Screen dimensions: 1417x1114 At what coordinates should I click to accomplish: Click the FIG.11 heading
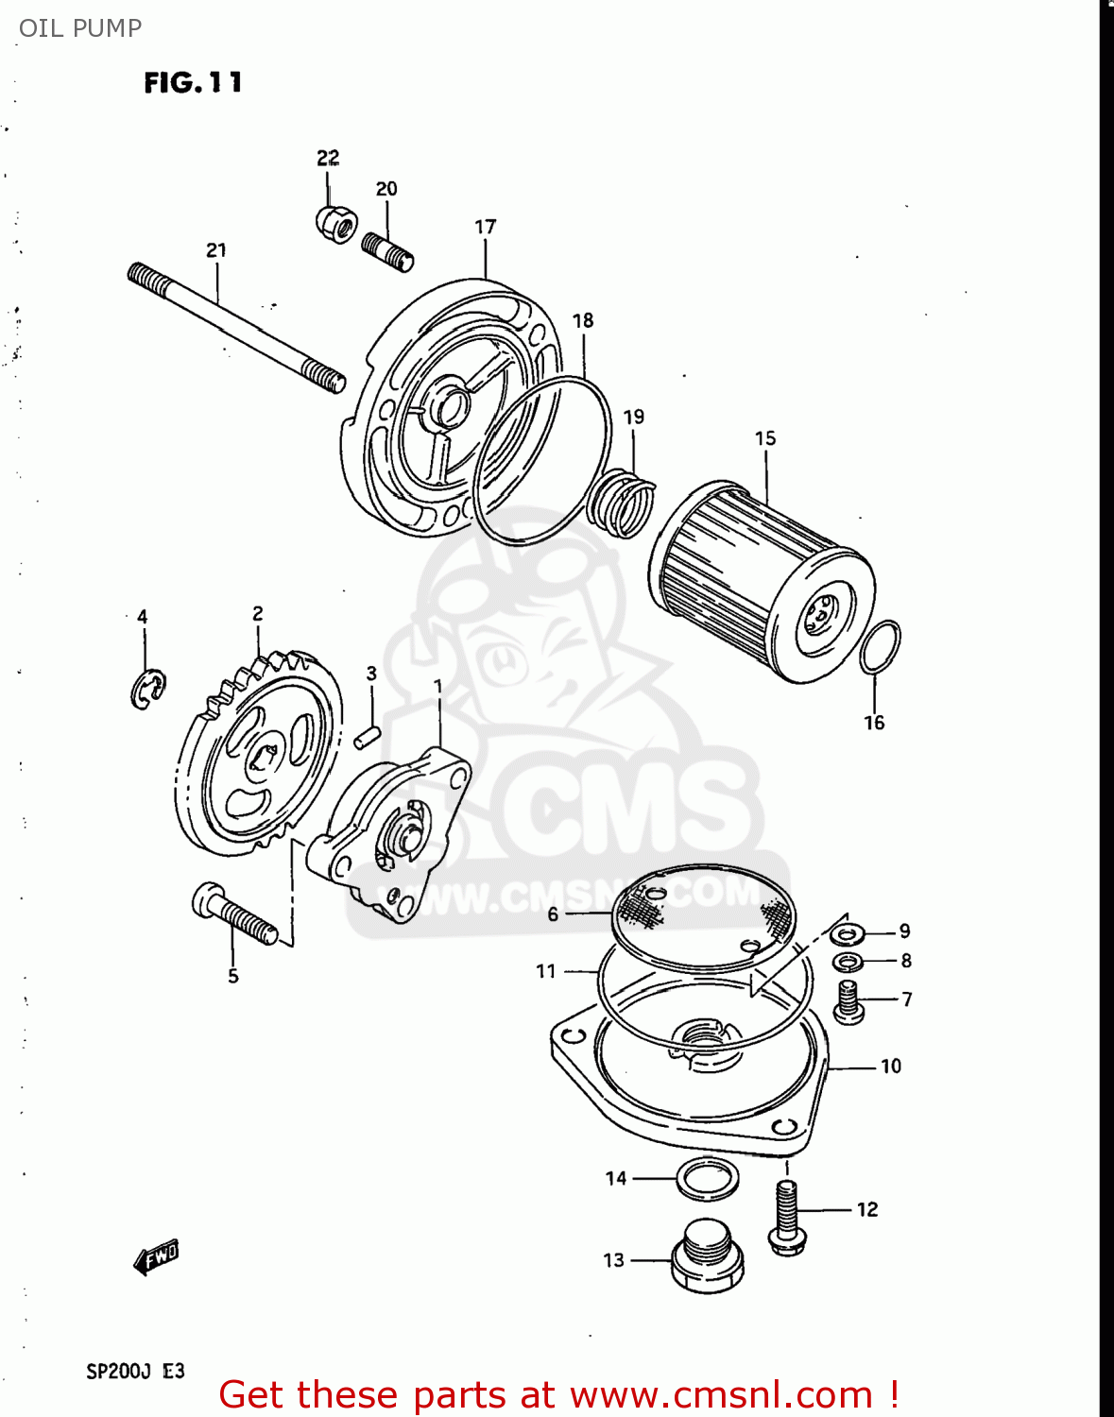tap(193, 83)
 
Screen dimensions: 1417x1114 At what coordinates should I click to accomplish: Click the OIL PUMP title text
tap(80, 28)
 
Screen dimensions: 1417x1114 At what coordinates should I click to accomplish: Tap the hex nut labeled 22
tap(334, 223)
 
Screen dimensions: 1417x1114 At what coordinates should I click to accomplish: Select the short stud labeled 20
tap(387, 251)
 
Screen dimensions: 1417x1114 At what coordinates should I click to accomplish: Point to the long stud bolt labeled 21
tap(235, 327)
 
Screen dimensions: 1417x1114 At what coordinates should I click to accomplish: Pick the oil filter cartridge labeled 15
tap(761, 582)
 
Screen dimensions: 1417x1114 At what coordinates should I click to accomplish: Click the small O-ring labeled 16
tap(880, 647)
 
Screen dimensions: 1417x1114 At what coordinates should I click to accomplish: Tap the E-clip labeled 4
tap(146, 690)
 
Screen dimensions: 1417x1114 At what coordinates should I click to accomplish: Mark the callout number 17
tap(485, 227)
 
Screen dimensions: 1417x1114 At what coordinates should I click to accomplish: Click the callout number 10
tap(890, 1067)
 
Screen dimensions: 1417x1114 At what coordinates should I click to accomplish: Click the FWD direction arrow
tap(156, 1257)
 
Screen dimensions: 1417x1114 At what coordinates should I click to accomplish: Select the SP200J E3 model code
tap(135, 1372)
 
